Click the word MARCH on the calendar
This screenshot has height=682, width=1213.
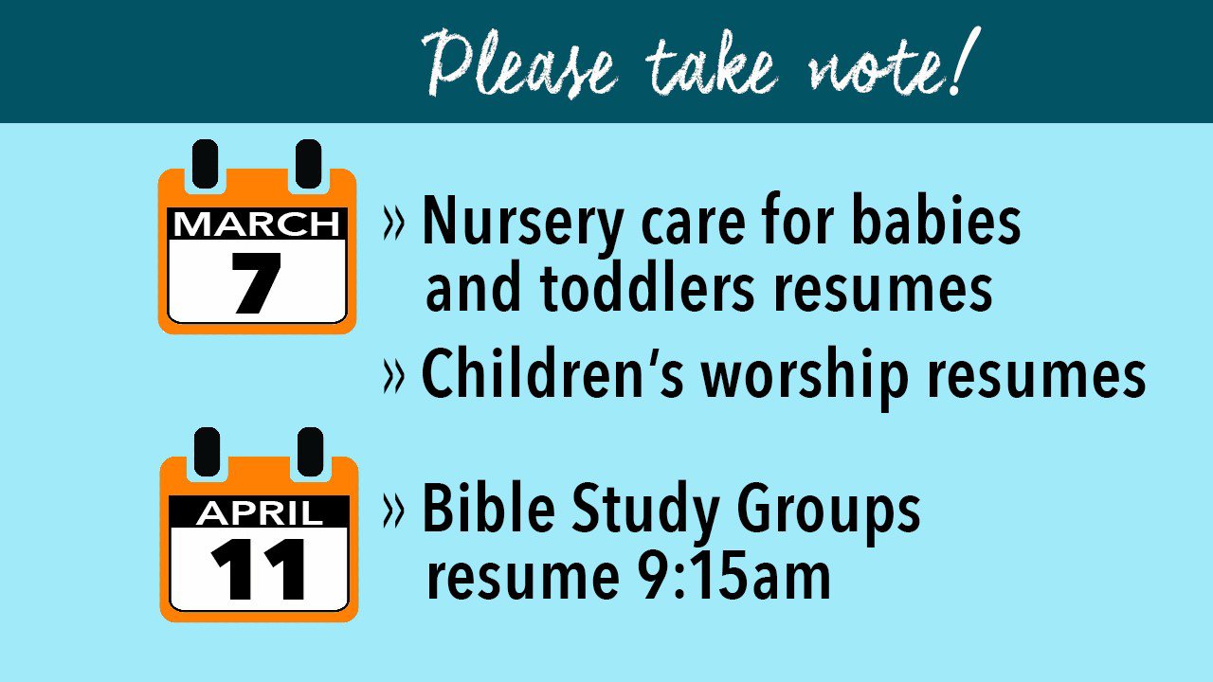coord(257,224)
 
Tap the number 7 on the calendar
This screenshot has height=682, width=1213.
coord(256,283)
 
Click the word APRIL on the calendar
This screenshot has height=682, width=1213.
coord(260,512)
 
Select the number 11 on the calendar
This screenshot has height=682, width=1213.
coord(259,569)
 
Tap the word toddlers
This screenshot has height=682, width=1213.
coord(646,286)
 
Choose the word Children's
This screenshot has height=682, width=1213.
coord(552,372)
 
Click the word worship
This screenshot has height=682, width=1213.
coord(805,377)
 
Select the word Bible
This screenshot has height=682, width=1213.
coord(488,508)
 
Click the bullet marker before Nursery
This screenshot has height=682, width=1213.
coord(393,223)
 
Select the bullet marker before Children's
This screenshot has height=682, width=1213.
coord(393,375)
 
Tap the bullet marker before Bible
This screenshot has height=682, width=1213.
coord(393,511)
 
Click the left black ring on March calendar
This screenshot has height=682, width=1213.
coord(206,164)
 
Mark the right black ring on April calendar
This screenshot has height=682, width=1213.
coord(310,452)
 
